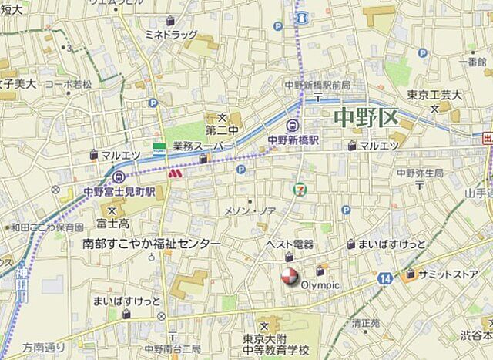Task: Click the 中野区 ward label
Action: pyautogui.click(x=366, y=119)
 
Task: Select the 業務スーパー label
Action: pyautogui.click(x=203, y=145)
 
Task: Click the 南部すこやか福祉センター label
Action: pyautogui.click(x=151, y=244)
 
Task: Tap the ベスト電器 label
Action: pyautogui.click(x=289, y=244)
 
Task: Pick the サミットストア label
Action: pyautogui.click(x=448, y=274)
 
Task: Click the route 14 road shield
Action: pyautogui.click(x=385, y=277)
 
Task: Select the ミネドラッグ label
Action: pyautogui.click(x=171, y=34)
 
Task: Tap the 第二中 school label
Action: pyautogui.click(x=219, y=129)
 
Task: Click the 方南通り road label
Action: pyautogui.click(x=44, y=347)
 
